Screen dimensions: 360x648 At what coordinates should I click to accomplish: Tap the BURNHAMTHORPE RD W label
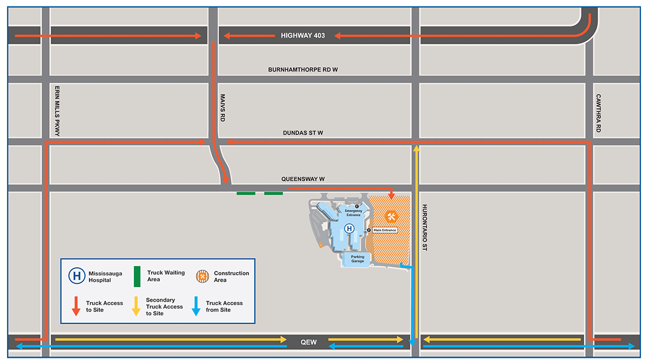(x=303, y=70)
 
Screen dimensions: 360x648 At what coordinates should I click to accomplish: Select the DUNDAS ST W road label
(x=303, y=133)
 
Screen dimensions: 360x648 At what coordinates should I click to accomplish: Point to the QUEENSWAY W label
(x=302, y=179)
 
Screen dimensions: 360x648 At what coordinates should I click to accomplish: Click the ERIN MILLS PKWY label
(x=57, y=110)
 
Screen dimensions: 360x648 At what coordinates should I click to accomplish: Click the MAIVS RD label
(x=222, y=108)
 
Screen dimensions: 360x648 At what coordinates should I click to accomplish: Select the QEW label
(x=309, y=343)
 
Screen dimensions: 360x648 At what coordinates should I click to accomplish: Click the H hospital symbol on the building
(x=349, y=229)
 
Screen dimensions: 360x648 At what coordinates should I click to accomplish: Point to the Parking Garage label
(x=357, y=259)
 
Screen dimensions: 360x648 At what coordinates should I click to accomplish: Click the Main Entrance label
(x=384, y=230)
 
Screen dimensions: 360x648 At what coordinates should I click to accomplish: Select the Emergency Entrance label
(x=353, y=213)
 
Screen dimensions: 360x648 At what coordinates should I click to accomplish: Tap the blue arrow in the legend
(x=196, y=306)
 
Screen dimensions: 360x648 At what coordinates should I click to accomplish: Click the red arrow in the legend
(x=76, y=306)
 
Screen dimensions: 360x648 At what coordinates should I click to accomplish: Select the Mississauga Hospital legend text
(x=100, y=277)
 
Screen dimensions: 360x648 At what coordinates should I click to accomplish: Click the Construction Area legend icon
(x=202, y=276)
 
